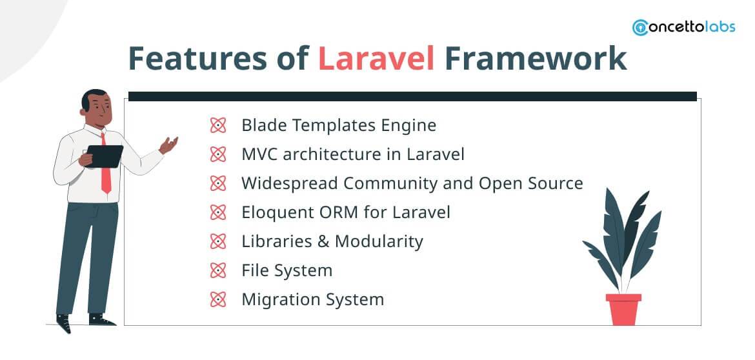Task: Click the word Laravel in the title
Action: [x=376, y=59]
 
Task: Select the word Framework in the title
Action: [x=535, y=59]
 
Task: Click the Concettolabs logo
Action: [x=683, y=28]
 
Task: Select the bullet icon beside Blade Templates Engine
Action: [x=218, y=125]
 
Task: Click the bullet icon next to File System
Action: [x=218, y=270]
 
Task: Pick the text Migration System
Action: [x=312, y=299]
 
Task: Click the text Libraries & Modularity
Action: [x=332, y=241]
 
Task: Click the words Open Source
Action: [x=530, y=183]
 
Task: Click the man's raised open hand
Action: [x=168, y=145]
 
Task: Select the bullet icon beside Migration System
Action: [x=218, y=299]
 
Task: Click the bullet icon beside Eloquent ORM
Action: [x=218, y=212]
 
